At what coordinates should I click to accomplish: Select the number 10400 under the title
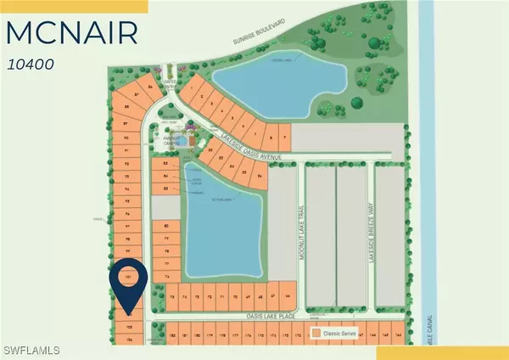tap(32, 62)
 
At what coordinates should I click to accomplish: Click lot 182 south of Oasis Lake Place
tap(172, 335)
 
